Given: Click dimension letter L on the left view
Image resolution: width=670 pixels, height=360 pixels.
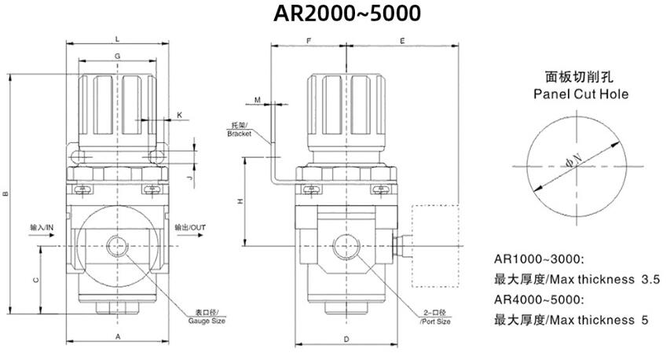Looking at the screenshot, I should [x=117, y=38].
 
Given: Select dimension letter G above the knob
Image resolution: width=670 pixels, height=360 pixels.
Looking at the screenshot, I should [x=117, y=57].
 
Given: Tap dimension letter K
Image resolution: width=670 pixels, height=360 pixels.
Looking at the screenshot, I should [x=179, y=115].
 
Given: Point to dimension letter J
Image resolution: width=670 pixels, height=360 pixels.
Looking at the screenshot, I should [x=189, y=178].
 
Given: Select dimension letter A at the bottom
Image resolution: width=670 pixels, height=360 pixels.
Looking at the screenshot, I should [x=117, y=336].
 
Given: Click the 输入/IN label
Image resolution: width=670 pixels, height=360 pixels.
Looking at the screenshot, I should [x=41, y=227].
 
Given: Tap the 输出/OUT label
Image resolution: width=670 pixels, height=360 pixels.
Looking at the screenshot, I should [x=190, y=227].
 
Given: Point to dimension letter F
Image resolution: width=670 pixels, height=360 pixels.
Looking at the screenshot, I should [x=309, y=39].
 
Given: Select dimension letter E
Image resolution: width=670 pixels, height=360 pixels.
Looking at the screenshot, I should [x=402, y=39].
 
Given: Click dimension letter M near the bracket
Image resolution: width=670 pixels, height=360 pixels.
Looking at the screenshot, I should [x=258, y=100].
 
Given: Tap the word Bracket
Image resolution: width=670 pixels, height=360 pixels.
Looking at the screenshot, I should [x=239, y=134].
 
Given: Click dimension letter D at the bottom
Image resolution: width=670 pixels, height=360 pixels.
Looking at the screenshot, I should [x=346, y=338].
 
